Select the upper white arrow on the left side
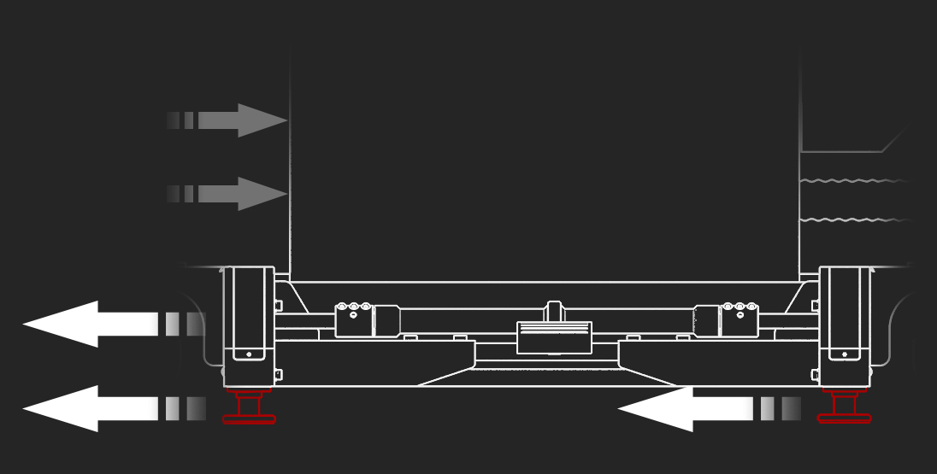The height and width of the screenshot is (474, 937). (x=85, y=324)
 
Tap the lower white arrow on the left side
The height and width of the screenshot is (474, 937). (x=85, y=408)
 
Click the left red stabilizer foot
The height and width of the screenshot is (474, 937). (x=249, y=407)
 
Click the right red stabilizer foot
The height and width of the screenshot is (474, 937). (x=844, y=407)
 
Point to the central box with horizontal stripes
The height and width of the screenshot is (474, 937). (x=554, y=337)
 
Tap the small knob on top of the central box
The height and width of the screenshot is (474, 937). (x=554, y=310)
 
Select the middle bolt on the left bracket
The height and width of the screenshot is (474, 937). (x=354, y=307)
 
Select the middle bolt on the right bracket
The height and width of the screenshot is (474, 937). (x=740, y=307)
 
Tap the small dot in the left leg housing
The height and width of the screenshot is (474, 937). (x=249, y=354)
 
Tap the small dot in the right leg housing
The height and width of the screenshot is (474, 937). (x=845, y=354)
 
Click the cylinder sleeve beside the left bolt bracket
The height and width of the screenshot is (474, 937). (x=386, y=321)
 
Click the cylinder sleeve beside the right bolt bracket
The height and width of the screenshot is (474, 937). (x=707, y=321)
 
